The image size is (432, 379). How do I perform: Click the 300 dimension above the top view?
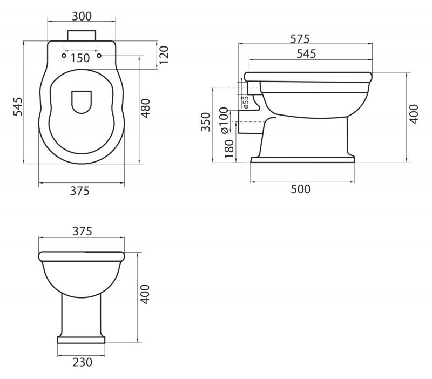[82, 17]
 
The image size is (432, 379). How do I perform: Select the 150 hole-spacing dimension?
[80, 58]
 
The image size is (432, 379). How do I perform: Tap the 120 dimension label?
[164, 55]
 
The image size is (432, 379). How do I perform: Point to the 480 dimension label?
[146, 108]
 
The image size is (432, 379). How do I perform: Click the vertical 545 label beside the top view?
[18, 106]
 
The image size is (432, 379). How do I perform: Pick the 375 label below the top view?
[80, 191]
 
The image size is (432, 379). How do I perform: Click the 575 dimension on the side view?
[300, 39]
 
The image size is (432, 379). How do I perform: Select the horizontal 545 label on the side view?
[306, 53]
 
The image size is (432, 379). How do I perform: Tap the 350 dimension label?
[206, 122]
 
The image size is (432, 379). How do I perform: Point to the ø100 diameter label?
[224, 120]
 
